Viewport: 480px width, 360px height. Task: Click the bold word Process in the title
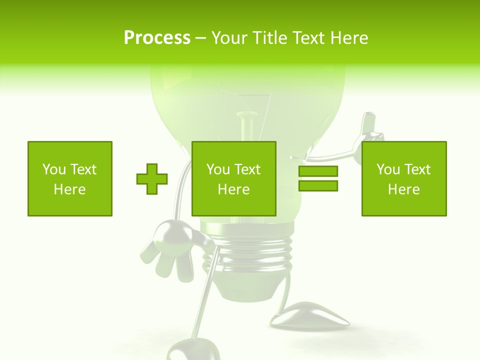tap(157, 38)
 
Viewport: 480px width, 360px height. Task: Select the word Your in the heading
tap(230, 38)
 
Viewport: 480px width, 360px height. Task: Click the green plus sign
tap(152, 178)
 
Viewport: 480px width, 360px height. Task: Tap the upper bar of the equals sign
tap(318, 171)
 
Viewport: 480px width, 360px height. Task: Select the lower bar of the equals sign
tap(318, 186)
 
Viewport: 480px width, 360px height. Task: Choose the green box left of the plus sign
tap(70, 178)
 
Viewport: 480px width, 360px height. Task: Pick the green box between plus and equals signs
tap(234, 178)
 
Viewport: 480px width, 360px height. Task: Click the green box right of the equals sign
tap(404, 178)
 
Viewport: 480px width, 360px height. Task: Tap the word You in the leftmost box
tap(54, 169)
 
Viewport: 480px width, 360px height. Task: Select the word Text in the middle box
tap(247, 169)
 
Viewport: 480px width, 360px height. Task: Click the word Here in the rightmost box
tap(404, 189)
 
